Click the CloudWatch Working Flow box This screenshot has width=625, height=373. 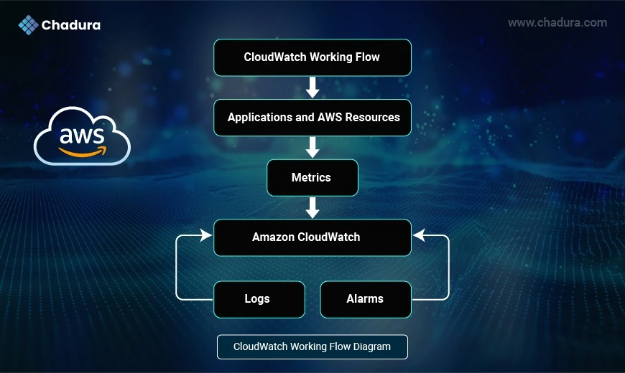tap(312, 57)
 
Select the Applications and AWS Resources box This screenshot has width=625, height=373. tap(312, 118)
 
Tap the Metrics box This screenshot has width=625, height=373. tap(312, 178)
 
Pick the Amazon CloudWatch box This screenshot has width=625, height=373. tap(312, 237)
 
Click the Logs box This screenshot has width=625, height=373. tap(259, 299)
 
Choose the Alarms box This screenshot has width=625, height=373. tap(366, 299)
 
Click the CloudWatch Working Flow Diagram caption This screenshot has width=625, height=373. tap(312, 346)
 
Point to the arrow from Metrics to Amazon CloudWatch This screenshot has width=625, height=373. tap(312, 207)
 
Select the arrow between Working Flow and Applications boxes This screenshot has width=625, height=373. tap(312, 88)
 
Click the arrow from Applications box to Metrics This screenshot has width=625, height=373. tap(312, 147)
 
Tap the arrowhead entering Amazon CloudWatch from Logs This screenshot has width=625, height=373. tap(206, 235)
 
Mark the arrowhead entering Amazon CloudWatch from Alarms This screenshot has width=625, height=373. tap(419, 235)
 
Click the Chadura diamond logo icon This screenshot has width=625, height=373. tap(28, 25)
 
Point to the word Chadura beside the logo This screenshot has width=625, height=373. tap(71, 25)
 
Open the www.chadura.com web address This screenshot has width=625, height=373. tap(557, 23)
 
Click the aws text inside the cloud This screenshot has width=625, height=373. tap(82, 136)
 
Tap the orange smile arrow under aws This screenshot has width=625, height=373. tap(83, 151)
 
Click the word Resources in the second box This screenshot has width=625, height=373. tap(372, 118)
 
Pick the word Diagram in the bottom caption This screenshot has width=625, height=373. tap(372, 346)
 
